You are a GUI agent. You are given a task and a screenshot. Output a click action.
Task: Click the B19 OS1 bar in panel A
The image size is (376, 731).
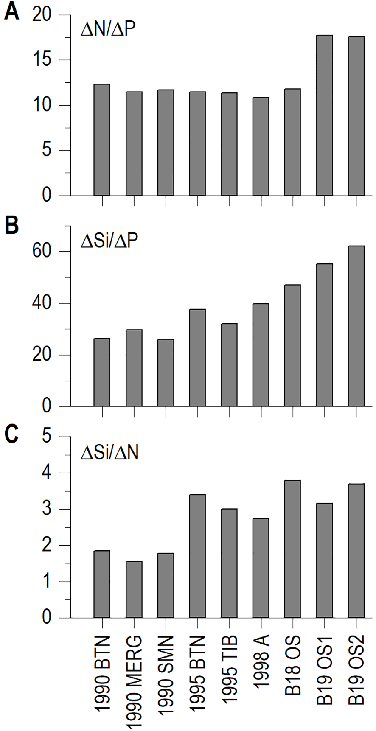click(325, 115)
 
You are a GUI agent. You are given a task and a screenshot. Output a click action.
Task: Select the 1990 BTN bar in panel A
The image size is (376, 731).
click(102, 140)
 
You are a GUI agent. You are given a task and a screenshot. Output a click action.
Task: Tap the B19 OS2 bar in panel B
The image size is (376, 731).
click(356, 326)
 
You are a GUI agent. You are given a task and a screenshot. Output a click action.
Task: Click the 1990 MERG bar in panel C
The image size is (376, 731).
click(134, 589)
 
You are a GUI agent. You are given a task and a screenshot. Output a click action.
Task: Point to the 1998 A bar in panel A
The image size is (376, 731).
click(261, 146)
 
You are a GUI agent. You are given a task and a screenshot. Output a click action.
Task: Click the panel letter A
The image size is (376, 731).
click(11, 12)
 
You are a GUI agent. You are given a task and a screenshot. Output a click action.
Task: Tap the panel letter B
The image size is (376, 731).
click(11, 225)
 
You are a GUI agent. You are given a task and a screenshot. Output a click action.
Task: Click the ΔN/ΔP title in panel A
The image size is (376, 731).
click(108, 30)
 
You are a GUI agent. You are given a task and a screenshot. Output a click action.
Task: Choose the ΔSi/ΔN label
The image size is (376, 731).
click(110, 453)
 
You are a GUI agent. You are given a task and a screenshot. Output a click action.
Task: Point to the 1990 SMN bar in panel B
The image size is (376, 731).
click(166, 373)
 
